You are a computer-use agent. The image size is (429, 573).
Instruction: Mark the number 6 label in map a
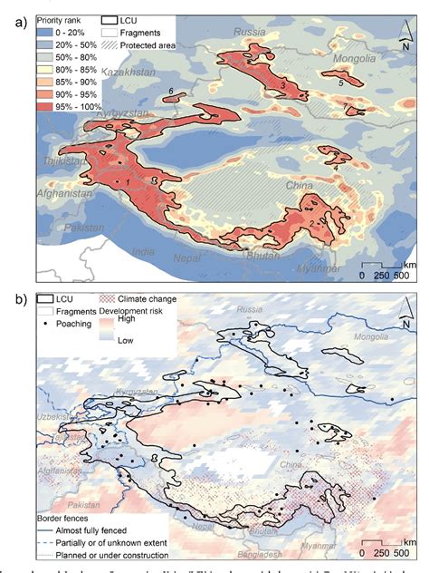(171, 90)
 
